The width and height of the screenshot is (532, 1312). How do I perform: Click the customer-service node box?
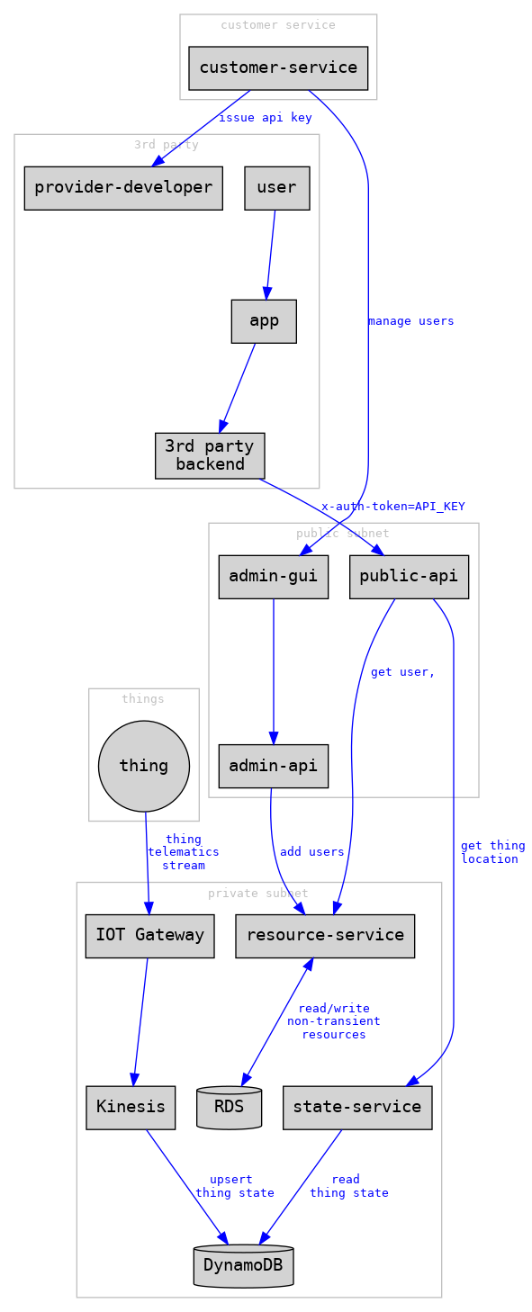click(278, 67)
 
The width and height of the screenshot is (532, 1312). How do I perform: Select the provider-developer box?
click(123, 187)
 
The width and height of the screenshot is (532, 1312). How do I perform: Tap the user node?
click(276, 187)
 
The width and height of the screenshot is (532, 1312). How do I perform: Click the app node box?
click(264, 321)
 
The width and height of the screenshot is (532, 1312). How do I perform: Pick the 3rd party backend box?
click(210, 455)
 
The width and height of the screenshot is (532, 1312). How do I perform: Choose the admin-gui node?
click(273, 576)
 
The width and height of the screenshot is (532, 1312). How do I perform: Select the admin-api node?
click(273, 766)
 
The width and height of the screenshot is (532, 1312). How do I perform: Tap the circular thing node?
click(144, 766)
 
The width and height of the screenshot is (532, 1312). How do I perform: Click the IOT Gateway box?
click(149, 936)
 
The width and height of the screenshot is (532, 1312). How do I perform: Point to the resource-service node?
click(325, 936)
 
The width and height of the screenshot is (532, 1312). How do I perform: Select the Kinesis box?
click(131, 1107)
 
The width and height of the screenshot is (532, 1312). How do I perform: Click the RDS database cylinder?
click(230, 1107)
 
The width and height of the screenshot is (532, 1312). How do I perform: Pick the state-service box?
click(357, 1107)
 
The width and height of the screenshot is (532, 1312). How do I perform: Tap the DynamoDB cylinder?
click(243, 1265)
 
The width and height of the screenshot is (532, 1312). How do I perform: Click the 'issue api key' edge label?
click(265, 118)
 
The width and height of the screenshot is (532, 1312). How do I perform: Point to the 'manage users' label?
click(410, 321)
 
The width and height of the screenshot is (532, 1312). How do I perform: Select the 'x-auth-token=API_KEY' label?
click(393, 507)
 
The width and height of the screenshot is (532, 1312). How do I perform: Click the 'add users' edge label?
click(311, 851)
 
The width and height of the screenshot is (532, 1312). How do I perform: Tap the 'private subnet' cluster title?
click(258, 894)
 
